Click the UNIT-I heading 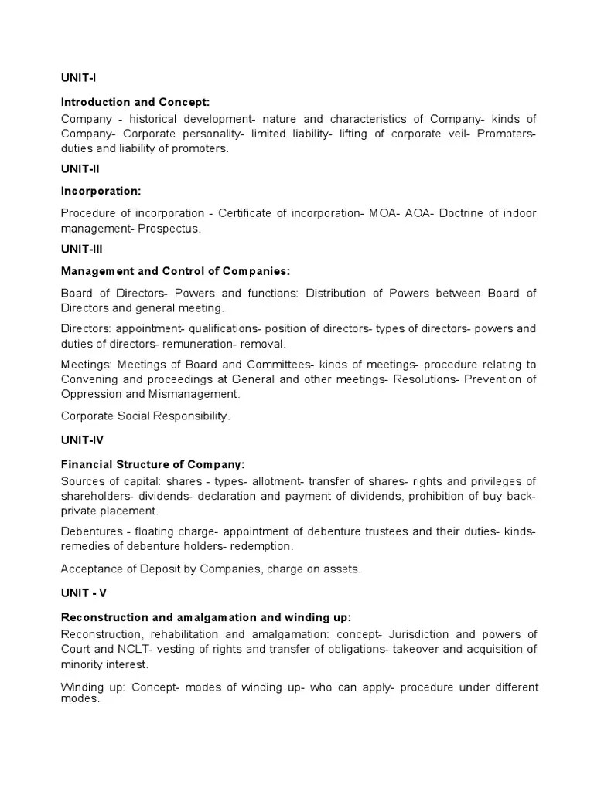(x=78, y=77)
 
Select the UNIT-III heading (x=81, y=250)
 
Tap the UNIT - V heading (x=83, y=593)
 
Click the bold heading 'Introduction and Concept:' (x=135, y=102)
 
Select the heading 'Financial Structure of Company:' (x=152, y=464)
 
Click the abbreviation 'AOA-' (x=417, y=214)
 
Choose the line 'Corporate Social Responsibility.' (x=145, y=416)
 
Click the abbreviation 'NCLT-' (x=129, y=649)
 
